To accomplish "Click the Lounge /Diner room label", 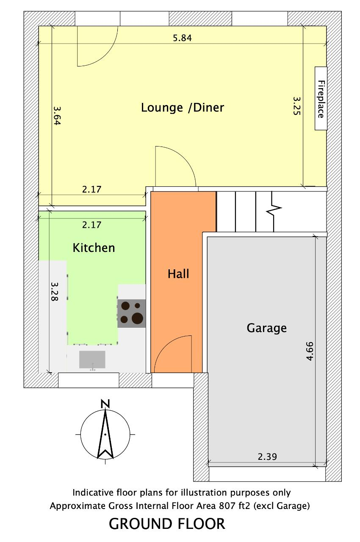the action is click(x=183, y=108).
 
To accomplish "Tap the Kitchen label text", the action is click(x=94, y=248).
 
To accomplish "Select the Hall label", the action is click(x=178, y=274).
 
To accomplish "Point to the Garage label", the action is click(x=267, y=328).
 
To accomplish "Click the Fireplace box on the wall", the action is click(x=321, y=99).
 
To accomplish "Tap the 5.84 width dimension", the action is click(x=182, y=38).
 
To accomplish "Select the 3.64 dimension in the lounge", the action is click(x=57, y=116).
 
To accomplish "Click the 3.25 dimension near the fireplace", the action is click(x=296, y=106).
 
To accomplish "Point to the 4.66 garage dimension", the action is click(x=310, y=351).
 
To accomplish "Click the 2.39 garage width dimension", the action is click(x=267, y=456).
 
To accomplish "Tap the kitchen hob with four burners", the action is click(x=132, y=314).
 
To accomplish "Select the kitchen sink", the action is click(x=92, y=359).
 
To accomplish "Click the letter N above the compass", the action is click(x=105, y=404).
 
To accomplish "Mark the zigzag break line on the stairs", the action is click(x=273, y=211).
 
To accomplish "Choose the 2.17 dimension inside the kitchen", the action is click(x=91, y=225).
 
